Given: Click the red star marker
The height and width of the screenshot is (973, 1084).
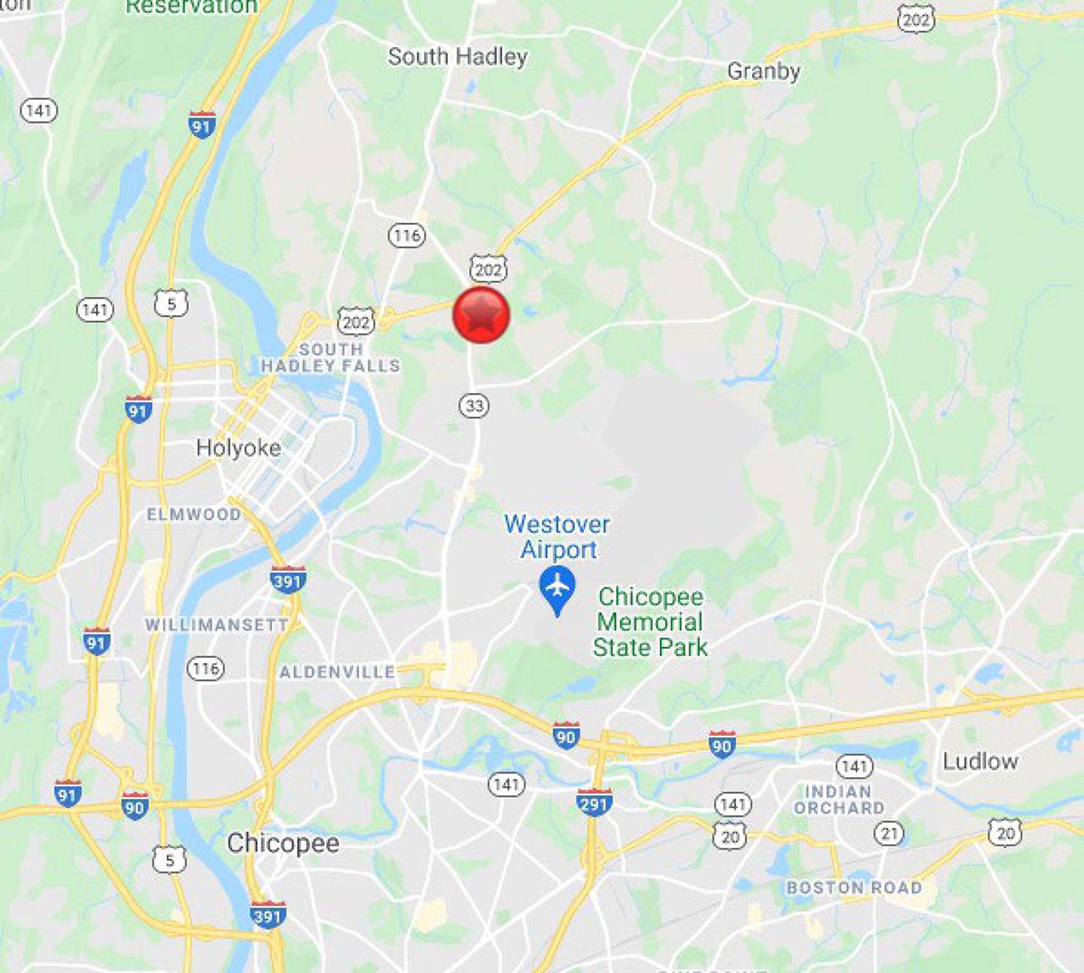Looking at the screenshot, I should click(x=481, y=315).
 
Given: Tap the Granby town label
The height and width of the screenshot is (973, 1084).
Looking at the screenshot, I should click(x=763, y=71).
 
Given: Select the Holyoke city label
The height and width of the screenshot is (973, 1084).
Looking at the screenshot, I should click(x=239, y=448).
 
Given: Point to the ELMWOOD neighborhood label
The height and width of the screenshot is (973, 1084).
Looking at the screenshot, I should click(x=194, y=514).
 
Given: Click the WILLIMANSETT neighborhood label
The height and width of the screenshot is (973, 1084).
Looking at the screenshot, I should click(x=217, y=625).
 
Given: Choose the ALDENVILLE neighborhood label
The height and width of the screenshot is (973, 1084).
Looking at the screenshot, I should click(x=337, y=671).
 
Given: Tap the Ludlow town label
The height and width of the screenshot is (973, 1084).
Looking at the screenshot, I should click(x=980, y=761).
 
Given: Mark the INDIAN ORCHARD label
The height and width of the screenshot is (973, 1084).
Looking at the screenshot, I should click(x=839, y=800).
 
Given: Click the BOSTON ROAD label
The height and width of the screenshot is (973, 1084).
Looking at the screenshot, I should click(x=854, y=888).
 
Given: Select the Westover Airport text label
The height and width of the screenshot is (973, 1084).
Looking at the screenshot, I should click(x=557, y=537).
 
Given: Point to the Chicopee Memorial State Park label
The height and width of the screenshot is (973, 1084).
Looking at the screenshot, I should click(x=650, y=622).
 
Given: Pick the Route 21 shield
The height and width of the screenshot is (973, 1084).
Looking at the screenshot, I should click(x=889, y=833).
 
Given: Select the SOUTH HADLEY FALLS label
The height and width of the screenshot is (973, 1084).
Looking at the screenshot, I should click(x=331, y=358).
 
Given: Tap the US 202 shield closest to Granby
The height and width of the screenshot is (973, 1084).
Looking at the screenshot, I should click(x=916, y=20).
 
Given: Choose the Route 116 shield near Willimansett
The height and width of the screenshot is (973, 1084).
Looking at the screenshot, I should click(x=206, y=668).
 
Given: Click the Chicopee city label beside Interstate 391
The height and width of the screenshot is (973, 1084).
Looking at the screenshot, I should click(x=283, y=843).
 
